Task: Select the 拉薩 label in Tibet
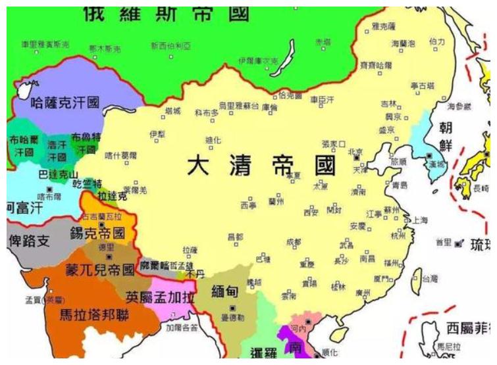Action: [x=190, y=250]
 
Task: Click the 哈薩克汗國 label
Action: [x=65, y=103]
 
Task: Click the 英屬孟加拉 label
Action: [x=160, y=297]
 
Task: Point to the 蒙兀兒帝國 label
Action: [x=99, y=270]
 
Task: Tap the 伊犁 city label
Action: [x=156, y=134]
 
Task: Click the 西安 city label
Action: [x=311, y=212]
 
